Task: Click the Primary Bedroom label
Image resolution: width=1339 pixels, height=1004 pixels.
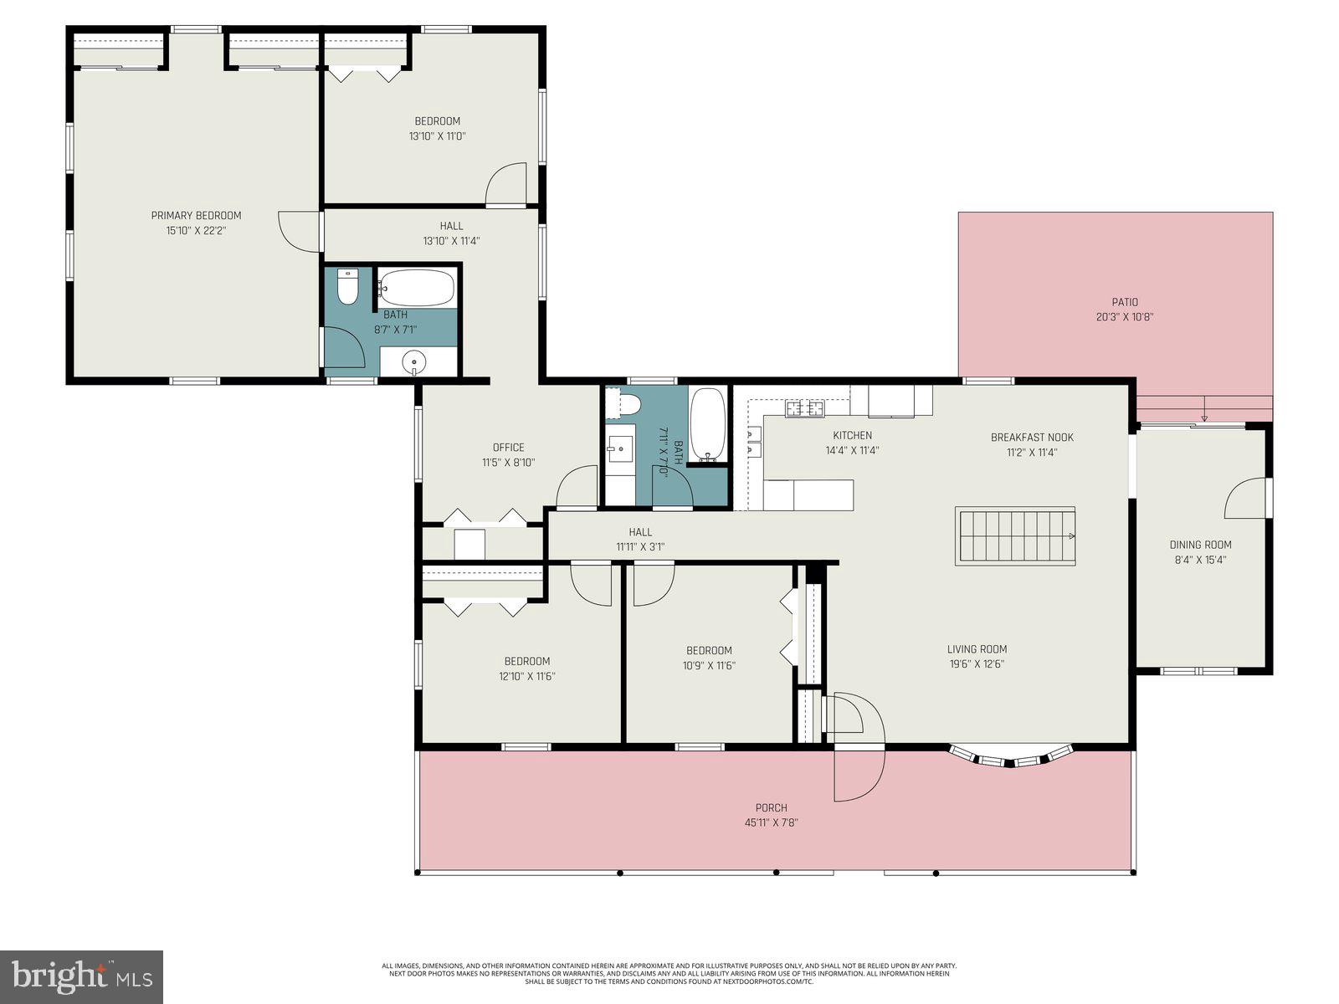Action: click(x=196, y=216)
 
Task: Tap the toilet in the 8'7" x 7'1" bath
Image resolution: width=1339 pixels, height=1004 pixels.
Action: click(x=348, y=287)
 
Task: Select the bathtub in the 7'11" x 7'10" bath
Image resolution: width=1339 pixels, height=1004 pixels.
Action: click(x=709, y=425)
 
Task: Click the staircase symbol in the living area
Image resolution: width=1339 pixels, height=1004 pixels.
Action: click(x=1014, y=535)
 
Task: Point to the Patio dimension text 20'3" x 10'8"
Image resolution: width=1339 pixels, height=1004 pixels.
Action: click(x=1125, y=317)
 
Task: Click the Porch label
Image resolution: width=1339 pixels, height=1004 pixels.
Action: click(x=771, y=808)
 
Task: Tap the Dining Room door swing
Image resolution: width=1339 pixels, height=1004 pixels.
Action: click(x=1246, y=499)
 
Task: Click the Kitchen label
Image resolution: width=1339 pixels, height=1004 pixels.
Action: click(x=852, y=436)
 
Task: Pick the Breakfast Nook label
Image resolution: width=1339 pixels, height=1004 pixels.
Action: click(x=1031, y=438)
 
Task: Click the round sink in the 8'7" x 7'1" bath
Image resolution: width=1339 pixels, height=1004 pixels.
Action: click(x=415, y=362)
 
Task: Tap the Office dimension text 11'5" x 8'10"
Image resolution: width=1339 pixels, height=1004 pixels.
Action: click(x=508, y=463)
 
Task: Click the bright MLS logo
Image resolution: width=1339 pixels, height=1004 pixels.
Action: click(x=81, y=976)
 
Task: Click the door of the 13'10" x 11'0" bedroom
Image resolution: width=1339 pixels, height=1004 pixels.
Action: click(x=506, y=184)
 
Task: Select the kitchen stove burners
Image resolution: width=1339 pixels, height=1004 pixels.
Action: click(x=803, y=409)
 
